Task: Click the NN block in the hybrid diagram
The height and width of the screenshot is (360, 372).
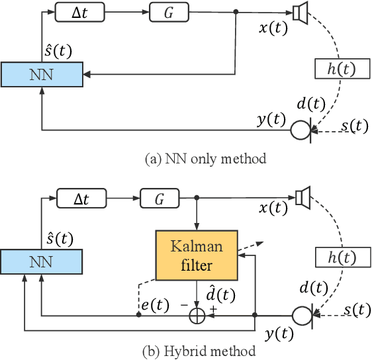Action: pos(41,261)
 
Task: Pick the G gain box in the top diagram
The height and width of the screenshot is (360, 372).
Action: pos(169,11)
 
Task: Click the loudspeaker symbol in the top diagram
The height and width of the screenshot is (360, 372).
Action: pos(301,12)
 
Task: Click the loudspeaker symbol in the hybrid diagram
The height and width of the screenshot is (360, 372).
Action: pos(302,197)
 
